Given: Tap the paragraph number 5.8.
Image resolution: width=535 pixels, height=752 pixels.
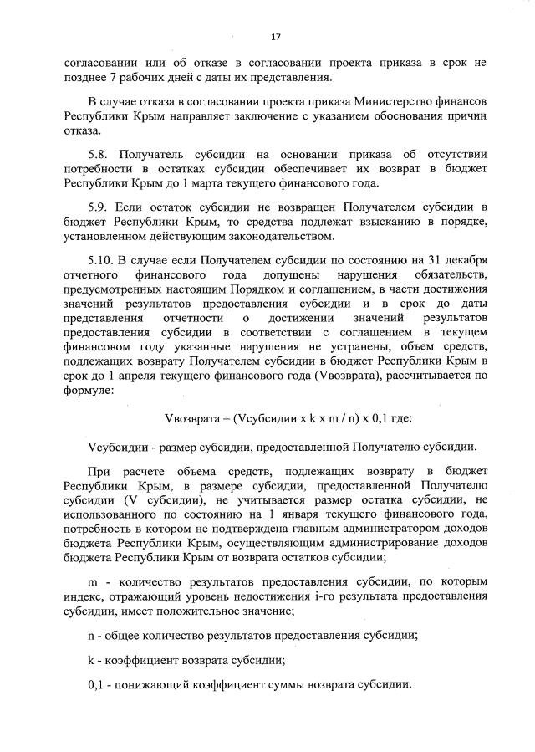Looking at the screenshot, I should click(x=99, y=155).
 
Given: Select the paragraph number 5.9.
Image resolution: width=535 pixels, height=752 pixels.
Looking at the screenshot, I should click(x=99, y=206).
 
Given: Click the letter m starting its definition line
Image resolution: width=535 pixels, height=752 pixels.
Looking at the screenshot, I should click(x=93, y=581).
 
